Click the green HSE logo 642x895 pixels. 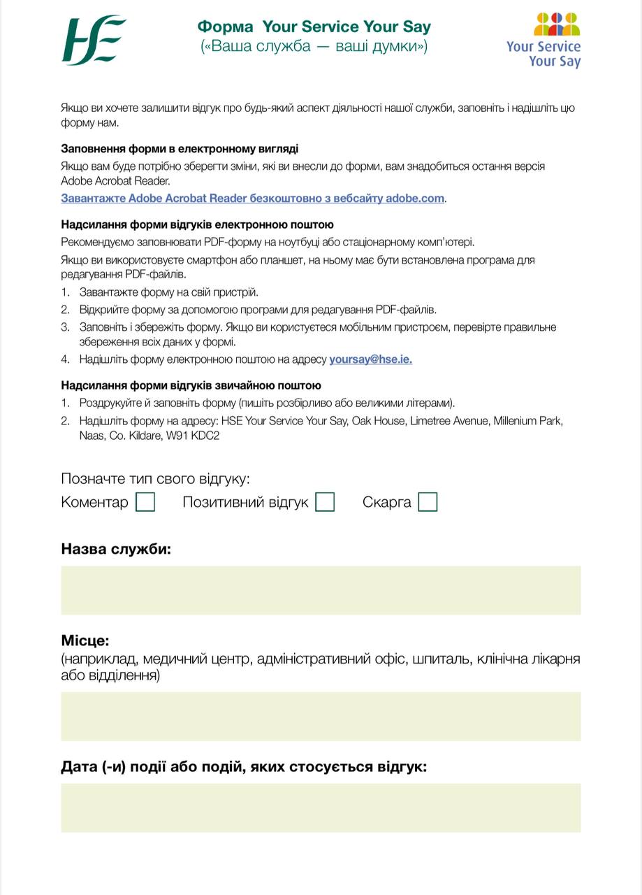(x=94, y=41)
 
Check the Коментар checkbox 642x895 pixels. (x=145, y=502)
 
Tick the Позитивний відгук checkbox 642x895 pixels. (x=325, y=502)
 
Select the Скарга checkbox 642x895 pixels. (x=428, y=502)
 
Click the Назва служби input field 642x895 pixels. (x=321, y=590)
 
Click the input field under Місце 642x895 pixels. (x=321, y=716)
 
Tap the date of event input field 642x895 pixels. (x=321, y=807)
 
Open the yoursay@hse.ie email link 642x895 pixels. (x=370, y=359)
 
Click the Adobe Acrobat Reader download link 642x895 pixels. (x=252, y=199)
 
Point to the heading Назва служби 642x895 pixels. (x=116, y=549)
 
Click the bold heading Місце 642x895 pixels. (x=85, y=640)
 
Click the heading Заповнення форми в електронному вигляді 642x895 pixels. (x=180, y=149)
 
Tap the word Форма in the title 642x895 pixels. (x=225, y=27)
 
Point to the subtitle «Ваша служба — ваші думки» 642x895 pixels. (x=314, y=47)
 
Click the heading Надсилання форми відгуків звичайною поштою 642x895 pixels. (x=191, y=385)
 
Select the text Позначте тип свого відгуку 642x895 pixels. (x=155, y=479)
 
